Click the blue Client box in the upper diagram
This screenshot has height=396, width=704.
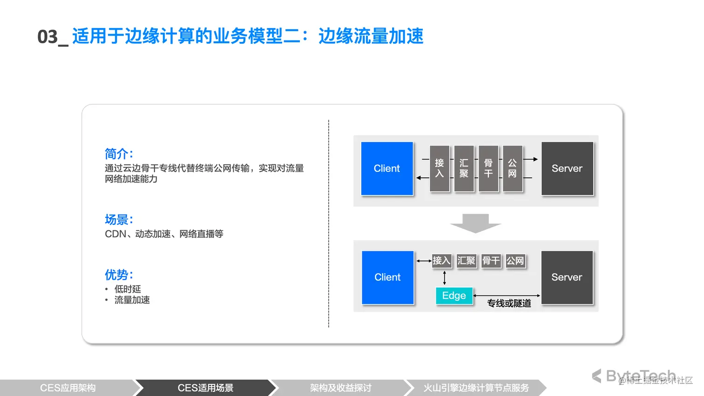387,168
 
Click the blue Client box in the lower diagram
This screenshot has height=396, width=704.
387,277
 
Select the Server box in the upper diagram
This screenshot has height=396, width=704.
567,168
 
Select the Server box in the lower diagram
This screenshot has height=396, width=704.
567,277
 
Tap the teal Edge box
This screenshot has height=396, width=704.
454,296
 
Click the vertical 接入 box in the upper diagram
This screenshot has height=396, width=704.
440,168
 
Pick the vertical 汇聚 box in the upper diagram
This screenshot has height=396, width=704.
464,168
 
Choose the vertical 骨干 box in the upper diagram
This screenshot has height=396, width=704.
488,168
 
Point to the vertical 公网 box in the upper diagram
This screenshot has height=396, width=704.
512,168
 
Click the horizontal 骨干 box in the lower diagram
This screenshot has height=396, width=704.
491,261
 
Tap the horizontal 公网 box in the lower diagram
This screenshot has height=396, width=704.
515,261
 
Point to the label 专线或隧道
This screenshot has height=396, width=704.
509,303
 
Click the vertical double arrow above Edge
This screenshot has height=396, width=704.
445,278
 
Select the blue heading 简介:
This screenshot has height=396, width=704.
119,154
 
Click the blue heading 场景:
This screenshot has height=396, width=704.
119,220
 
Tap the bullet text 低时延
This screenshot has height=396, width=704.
128,289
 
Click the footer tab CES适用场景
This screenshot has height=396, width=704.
205,388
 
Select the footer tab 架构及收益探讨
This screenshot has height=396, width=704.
340,388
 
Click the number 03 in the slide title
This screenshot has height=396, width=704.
47,37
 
